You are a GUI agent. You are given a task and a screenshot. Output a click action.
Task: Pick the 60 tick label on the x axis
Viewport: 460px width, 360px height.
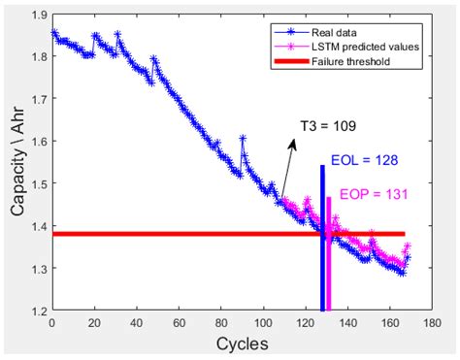click(x=178, y=322)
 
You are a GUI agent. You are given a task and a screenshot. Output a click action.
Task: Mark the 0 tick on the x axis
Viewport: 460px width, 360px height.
click(x=51, y=322)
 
